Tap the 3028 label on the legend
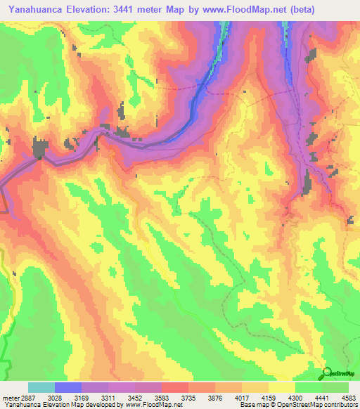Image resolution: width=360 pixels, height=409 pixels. [64, 398]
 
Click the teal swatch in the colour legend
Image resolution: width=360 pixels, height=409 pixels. [41, 387]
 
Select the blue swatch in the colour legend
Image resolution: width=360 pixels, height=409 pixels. [68, 387]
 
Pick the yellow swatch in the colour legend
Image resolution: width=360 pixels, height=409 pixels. [281, 387]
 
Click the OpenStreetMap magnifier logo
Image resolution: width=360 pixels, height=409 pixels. [326, 372]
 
